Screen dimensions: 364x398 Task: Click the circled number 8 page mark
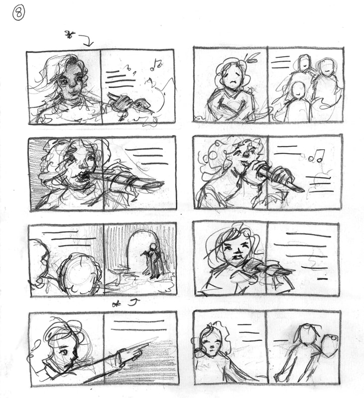(18, 13)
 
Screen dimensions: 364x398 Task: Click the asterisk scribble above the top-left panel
(69, 35)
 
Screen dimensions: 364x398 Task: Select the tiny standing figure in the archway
(153, 262)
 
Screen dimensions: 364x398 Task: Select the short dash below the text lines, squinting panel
(323, 279)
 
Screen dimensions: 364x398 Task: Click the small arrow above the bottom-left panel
(134, 302)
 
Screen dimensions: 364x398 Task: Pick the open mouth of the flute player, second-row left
(81, 175)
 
